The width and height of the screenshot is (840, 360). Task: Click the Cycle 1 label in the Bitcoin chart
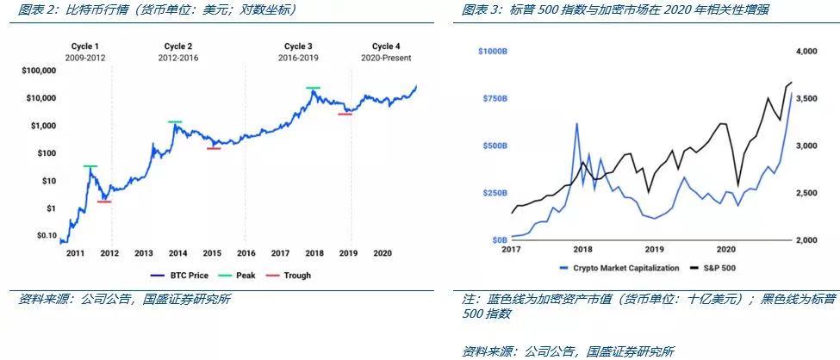click(84, 46)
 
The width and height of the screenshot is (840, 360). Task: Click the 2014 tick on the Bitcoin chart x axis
click(177, 253)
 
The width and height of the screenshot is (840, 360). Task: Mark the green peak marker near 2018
click(313, 88)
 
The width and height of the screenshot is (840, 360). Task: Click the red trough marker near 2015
click(214, 149)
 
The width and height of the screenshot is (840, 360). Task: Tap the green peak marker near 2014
click(175, 122)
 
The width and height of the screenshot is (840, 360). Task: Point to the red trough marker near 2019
click(345, 114)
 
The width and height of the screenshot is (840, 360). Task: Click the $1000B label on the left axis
click(491, 52)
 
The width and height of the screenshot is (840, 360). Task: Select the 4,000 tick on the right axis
click(805, 52)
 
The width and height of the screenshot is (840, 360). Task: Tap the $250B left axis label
click(494, 193)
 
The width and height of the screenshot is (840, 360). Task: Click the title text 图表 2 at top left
click(39, 9)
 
